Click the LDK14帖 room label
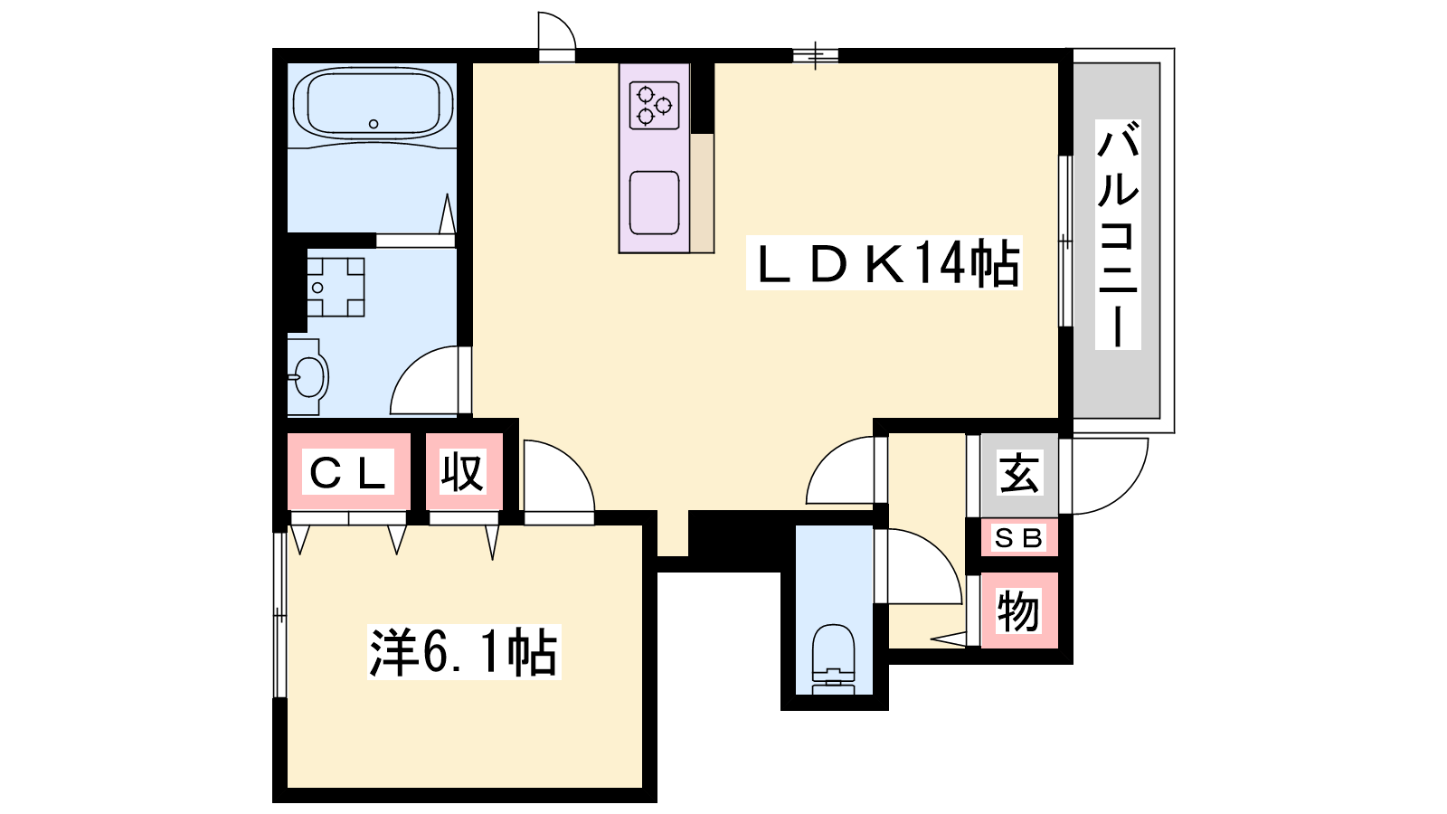click(x=884, y=262)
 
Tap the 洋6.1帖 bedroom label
click(x=464, y=652)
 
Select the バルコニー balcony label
click(x=1118, y=234)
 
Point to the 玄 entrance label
click(x=1019, y=474)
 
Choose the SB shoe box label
click(x=1018, y=537)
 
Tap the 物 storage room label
click(x=1018, y=610)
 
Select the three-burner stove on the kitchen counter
click(x=654, y=105)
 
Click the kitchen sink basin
click(x=654, y=203)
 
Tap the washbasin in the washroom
click(x=308, y=376)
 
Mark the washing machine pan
click(x=336, y=287)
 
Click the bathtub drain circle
click(x=374, y=124)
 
